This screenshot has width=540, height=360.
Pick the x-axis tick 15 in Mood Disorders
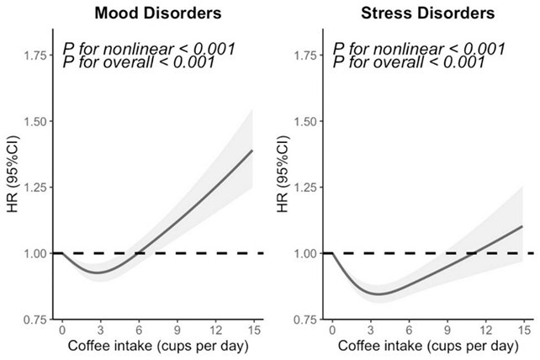point(252,331)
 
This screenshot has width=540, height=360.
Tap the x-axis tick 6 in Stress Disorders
point(409,331)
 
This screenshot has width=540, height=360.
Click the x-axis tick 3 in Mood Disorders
point(99,331)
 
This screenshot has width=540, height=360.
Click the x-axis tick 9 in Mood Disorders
point(176,331)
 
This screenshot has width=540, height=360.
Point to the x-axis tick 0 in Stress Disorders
point(332,331)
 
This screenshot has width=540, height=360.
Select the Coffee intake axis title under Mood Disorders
point(156,347)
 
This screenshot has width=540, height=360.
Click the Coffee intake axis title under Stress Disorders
point(427,347)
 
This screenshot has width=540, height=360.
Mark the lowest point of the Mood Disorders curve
point(98,273)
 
